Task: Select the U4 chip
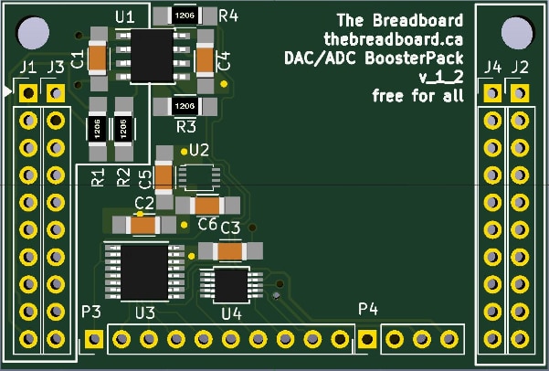(231, 284)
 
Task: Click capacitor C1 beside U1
(95, 58)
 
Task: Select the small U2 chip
(198, 176)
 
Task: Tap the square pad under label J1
(28, 93)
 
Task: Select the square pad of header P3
(93, 340)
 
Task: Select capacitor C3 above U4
(231, 249)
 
